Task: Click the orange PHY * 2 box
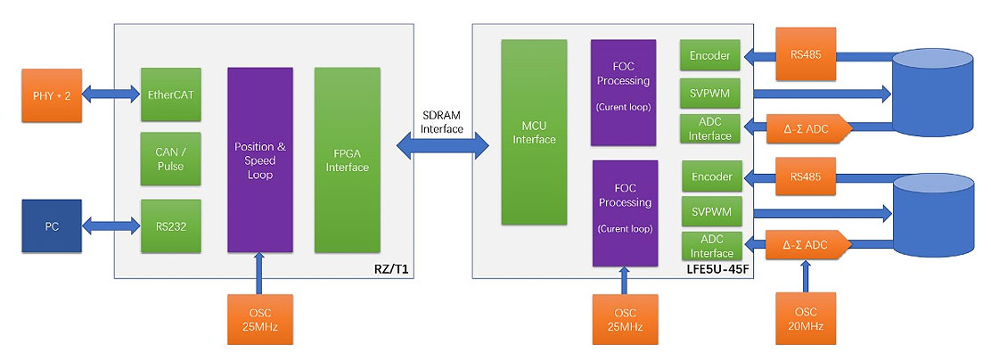click(52, 93)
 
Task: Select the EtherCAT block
click(170, 93)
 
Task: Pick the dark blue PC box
click(52, 225)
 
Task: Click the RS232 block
click(170, 226)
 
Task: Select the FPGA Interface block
click(348, 160)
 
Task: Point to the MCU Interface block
click(534, 132)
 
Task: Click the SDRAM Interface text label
click(442, 121)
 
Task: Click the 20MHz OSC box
click(806, 319)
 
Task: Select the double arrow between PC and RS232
click(111, 226)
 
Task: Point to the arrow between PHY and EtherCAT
click(111, 93)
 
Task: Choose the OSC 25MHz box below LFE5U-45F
click(625, 319)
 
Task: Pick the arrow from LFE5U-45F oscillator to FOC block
click(625, 280)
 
